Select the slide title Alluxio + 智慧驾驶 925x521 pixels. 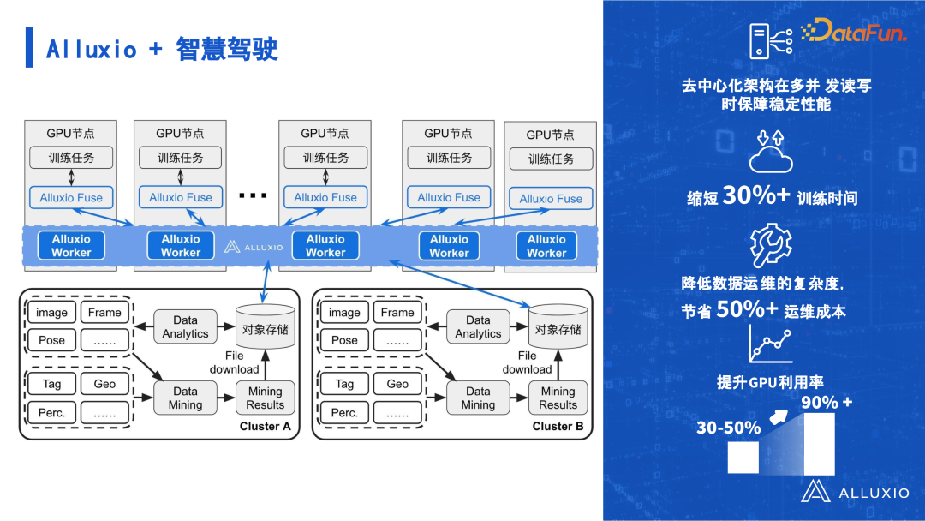(x=162, y=49)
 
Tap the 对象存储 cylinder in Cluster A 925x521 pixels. (x=265, y=326)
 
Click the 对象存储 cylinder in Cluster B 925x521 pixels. (x=558, y=326)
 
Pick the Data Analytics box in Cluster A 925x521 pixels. (x=185, y=326)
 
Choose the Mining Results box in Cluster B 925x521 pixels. (x=558, y=398)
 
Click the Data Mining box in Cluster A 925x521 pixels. (x=185, y=398)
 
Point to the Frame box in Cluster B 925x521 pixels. (x=397, y=313)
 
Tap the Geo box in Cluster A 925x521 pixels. (x=104, y=384)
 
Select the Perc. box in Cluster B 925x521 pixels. (x=344, y=412)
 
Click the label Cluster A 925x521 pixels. (x=266, y=426)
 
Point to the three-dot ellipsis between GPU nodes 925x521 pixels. (x=253, y=196)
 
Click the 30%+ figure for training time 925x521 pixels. (x=756, y=195)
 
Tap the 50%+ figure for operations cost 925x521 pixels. (x=748, y=309)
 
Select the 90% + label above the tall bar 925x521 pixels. (x=827, y=401)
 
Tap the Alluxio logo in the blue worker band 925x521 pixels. (x=254, y=247)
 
